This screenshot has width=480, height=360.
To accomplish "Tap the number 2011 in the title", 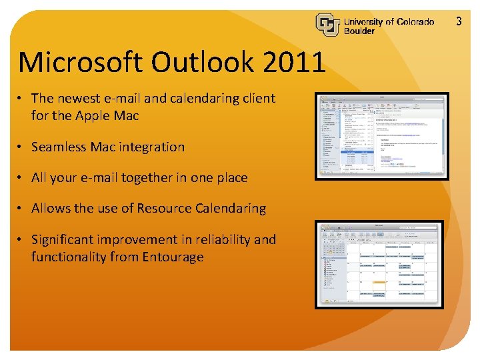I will pos(295,63).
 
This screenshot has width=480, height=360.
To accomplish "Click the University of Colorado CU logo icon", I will pos(327,25).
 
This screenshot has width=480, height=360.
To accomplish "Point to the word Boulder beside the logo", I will pos(359,31).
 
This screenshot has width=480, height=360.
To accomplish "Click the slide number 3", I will pos(459,21).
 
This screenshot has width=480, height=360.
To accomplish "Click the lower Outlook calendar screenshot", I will pos(378,265).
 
